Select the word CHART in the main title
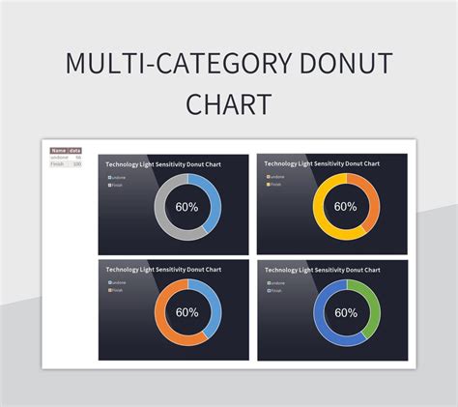pos(229,104)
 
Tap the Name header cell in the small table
pos(59,151)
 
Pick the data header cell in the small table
pos(75,151)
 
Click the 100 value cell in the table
pos(76,164)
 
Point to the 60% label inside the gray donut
pos(187,207)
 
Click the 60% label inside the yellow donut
pos(346,206)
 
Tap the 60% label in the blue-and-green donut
pos(346,313)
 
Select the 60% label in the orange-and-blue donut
pos(187,312)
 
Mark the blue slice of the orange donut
pos(212,300)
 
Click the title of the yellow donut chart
pos(322,164)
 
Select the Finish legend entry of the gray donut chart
pos(116,185)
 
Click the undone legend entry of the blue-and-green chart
pos(275,282)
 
